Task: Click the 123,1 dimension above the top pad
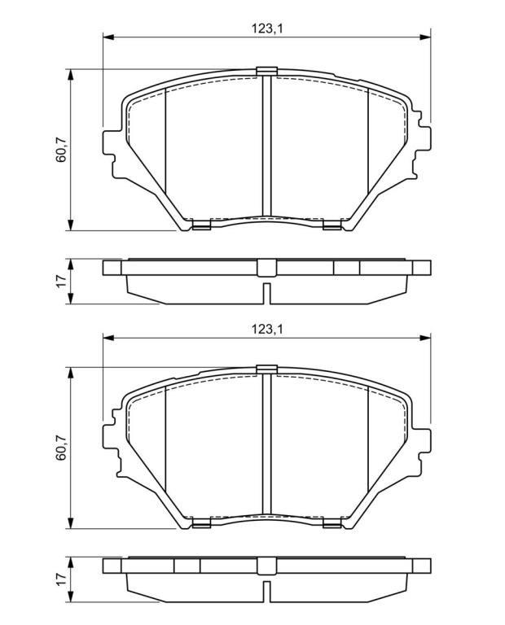coord(267,28)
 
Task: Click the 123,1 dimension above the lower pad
coord(267,330)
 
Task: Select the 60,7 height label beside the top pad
coord(61,150)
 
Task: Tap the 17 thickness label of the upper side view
coord(61,281)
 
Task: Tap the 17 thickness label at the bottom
coord(61,579)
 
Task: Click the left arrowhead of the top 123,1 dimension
coord(109,37)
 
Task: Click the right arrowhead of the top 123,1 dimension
coord(425,37)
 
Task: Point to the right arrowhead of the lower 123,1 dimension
coord(425,338)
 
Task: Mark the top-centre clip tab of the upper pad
coord(267,71)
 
